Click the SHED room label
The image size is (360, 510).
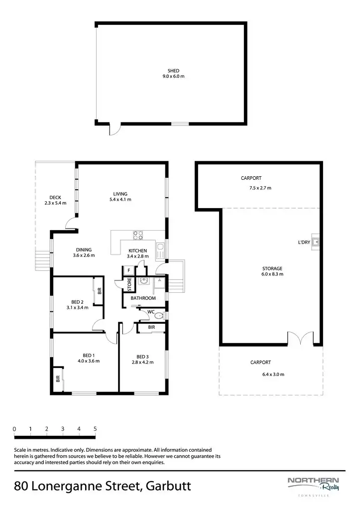coord(173,71)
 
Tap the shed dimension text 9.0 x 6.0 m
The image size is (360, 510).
coord(173,77)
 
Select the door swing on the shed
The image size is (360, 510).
coord(115,129)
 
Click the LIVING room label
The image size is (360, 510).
coord(120,194)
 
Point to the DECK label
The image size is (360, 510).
coord(55,198)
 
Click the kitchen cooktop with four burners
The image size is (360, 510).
coord(137,237)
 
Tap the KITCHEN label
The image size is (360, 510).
coord(137,251)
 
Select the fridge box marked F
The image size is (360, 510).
coord(129,270)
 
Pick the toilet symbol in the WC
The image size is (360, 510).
coord(158,316)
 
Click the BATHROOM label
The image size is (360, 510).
coord(143,298)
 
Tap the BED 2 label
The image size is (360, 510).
coord(77,302)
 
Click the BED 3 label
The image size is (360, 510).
coord(142,357)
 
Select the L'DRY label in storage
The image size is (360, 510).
coord(304,243)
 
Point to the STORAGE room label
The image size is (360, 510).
coord(272,268)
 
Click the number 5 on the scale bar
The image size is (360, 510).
coord(95,429)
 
